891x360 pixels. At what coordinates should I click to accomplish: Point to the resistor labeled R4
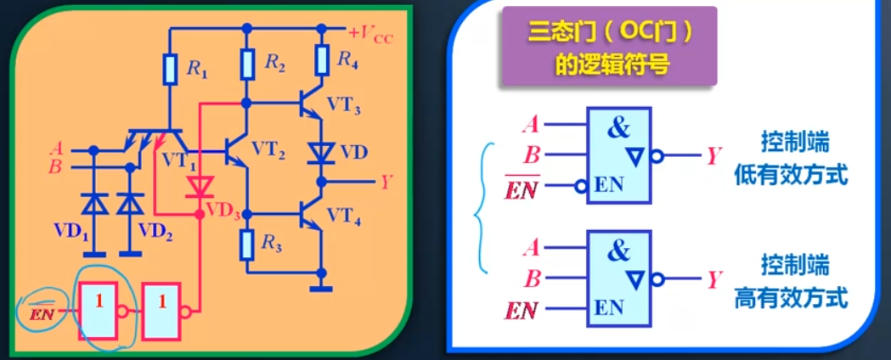[x=322, y=60]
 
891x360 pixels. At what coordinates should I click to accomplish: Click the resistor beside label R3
[x=247, y=245]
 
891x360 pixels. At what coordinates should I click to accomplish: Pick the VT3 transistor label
[x=342, y=110]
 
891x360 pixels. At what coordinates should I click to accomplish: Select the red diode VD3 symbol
[x=200, y=186]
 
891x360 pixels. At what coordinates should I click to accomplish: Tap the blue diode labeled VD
[x=322, y=153]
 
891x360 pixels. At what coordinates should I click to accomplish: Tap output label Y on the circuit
[x=386, y=181]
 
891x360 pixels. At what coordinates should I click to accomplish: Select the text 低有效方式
[x=791, y=176]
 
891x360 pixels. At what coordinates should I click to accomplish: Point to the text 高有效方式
[x=791, y=298]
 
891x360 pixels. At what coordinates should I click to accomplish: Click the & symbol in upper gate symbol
[x=620, y=128]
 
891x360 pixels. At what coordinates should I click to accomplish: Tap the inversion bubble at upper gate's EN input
[x=579, y=184]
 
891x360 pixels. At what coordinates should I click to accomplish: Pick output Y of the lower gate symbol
[x=713, y=278]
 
